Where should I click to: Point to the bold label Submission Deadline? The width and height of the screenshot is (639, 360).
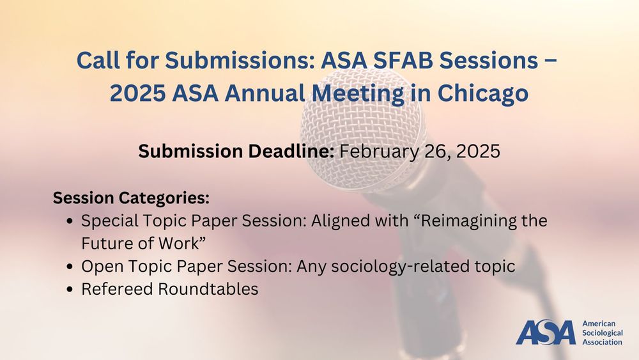click(x=236, y=152)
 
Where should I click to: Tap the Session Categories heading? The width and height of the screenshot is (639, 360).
click(x=131, y=198)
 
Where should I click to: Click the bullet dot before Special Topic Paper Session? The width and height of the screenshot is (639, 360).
click(x=69, y=222)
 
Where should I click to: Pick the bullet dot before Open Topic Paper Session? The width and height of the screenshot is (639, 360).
click(x=69, y=267)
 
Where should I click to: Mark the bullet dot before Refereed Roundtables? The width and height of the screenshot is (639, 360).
click(x=69, y=289)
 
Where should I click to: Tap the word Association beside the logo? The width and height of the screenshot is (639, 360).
click(x=603, y=342)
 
